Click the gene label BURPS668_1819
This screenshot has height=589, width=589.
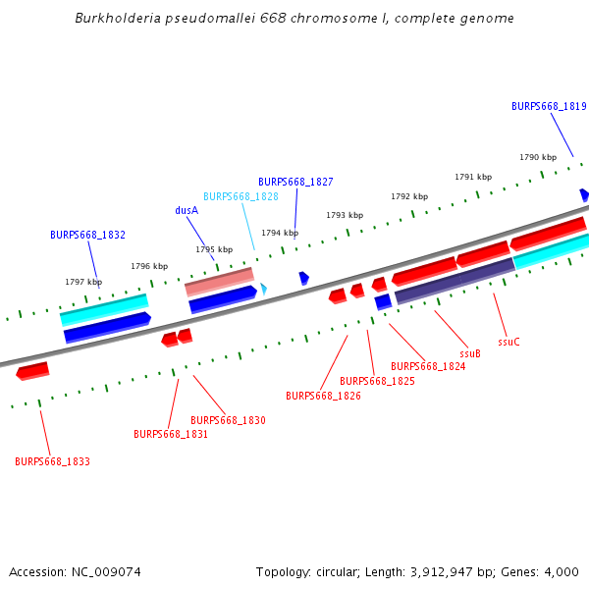point(549,106)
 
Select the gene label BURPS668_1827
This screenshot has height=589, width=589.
point(295,182)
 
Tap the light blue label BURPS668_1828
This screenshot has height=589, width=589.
point(241,196)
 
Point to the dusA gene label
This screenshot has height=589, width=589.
point(187,210)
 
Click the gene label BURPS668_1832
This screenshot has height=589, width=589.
point(87,235)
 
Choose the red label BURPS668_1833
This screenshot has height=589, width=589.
point(52,460)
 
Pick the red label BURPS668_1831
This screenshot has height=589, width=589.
point(171,433)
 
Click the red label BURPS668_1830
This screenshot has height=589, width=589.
point(228,420)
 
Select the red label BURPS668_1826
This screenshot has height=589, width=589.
point(323,396)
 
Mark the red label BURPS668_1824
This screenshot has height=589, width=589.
point(428,366)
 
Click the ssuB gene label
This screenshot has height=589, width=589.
point(470,353)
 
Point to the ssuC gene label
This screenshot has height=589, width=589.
point(509,342)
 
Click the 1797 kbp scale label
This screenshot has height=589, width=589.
point(83,282)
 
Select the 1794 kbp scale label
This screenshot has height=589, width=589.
point(280,233)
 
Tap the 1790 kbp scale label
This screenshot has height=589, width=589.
point(538,157)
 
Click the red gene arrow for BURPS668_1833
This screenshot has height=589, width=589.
point(32,370)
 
